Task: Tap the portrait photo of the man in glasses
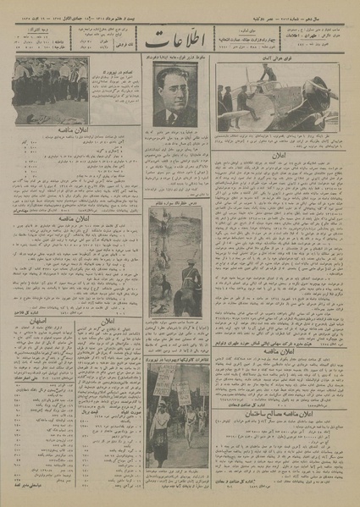tap(175, 98)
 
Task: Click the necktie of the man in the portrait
tap(174, 119)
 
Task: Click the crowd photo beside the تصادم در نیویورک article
tap(50, 91)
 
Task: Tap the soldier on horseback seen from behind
tap(191, 279)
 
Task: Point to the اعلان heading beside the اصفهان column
tap(110, 322)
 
